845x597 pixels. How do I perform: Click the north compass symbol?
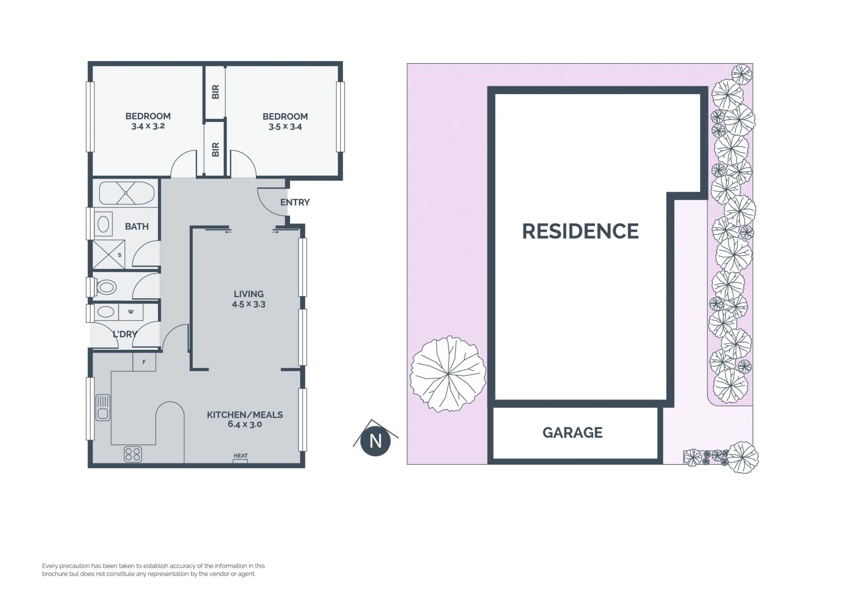pos(375,440)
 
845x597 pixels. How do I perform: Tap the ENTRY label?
pos(295,202)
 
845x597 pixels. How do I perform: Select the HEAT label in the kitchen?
pos(241,456)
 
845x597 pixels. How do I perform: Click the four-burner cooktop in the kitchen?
pos(133,454)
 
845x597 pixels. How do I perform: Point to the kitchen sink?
pos(103,407)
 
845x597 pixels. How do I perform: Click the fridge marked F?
pos(144,362)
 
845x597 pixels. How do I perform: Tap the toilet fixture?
pos(104,288)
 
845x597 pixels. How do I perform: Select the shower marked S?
pos(109,254)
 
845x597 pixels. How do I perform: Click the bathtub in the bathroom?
pos(127,193)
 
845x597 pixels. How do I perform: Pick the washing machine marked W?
pos(131,312)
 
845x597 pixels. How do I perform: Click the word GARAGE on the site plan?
pos(573,433)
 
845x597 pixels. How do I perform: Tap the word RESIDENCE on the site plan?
pos(580,231)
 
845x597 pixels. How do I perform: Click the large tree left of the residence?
pos(448,374)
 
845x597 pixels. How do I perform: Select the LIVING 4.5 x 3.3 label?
pos(249,299)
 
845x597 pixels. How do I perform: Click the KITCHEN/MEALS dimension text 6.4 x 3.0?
pos(245,425)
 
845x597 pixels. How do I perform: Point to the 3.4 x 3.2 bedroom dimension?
pos(148,126)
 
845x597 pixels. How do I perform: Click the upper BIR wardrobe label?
pos(216,92)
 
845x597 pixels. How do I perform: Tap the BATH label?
pos(137,227)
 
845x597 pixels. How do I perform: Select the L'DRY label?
pos(125,334)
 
